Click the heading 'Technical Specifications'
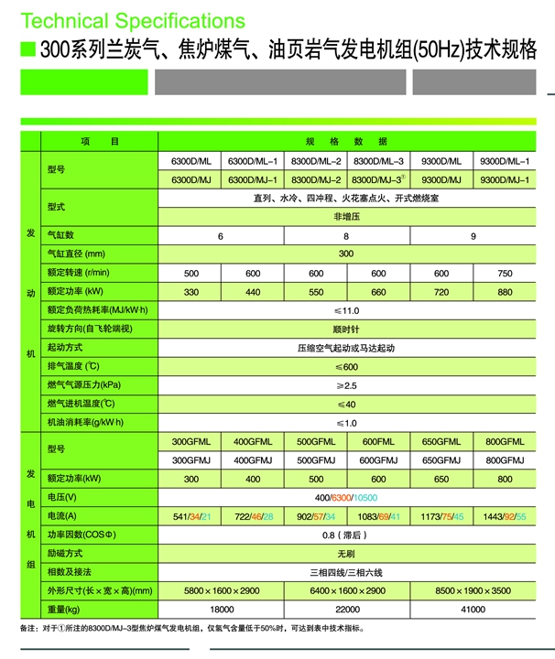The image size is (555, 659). [132, 20]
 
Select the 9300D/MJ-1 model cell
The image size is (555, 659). [504, 179]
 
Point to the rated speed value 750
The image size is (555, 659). [504, 274]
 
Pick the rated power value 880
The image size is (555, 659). [504, 292]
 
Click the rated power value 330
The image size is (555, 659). [190, 292]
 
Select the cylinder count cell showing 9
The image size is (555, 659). [473, 236]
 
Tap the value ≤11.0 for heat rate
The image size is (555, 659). [346, 310]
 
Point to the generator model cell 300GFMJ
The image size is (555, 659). [190, 460]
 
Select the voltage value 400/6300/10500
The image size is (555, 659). [346, 498]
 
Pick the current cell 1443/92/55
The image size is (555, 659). [506, 517]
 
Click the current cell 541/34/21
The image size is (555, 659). [190, 517]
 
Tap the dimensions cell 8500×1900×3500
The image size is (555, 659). [473, 591]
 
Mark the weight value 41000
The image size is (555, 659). [473, 610]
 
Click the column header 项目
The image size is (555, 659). [100, 141]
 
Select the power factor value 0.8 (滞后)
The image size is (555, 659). [346, 535]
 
